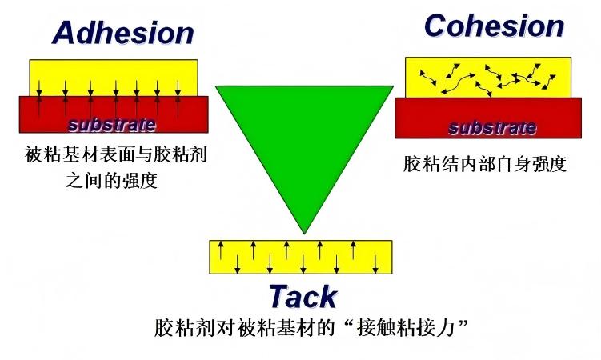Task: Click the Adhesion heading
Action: point(123,34)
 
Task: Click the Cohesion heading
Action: point(494,26)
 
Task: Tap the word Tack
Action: point(303,297)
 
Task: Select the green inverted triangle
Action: point(304,136)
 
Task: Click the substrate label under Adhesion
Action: point(112,125)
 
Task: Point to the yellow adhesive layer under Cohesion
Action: point(488,77)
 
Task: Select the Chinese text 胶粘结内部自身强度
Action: point(485,166)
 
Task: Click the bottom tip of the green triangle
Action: point(304,231)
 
